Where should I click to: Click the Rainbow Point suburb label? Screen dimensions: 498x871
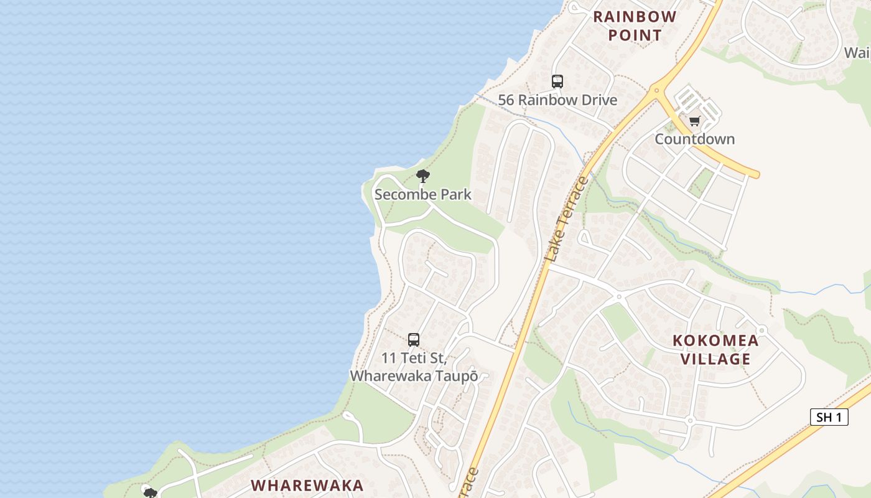click(x=635, y=26)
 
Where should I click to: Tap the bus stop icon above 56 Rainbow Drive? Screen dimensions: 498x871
click(x=557, y=81)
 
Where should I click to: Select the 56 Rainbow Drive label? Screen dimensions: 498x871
click(x=557, y=100)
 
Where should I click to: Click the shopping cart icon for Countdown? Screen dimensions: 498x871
click(x=694, y=121)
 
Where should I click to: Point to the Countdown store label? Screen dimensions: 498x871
click(x=694, y=139)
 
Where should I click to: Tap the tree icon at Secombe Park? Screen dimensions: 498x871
click(x=423, y=176)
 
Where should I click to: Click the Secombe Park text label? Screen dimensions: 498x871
click(x=423, y=194)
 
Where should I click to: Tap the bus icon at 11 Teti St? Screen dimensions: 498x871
click(x=414, y=340)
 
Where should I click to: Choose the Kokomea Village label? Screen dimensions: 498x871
click(x=715, y=349)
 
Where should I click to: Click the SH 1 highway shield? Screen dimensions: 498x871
click(x=829, y=417)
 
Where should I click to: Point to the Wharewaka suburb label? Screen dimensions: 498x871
click(x=307, y=485)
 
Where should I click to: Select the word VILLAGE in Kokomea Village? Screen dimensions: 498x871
click(x=715, y=359)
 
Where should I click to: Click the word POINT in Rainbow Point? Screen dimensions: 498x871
click(x=635, y=35)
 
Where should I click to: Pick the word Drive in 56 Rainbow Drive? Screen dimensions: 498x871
click(x=597, y=100)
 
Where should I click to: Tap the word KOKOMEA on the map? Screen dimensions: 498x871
click(x=715, y=341)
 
